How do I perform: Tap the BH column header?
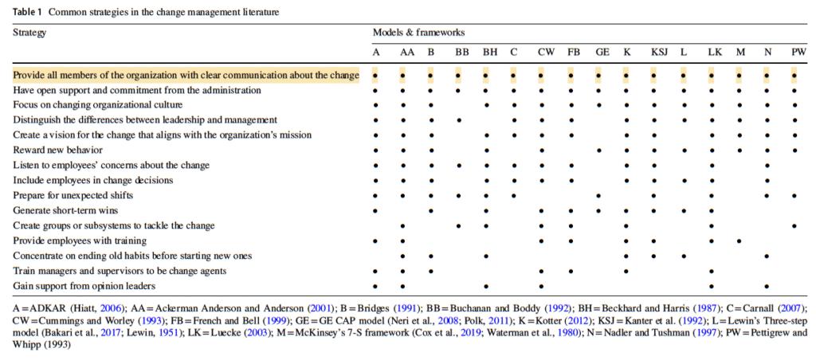point(489,52)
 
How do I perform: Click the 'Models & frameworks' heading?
point(418,32)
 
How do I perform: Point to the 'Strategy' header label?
point(29,33)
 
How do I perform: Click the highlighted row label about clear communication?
point(186,76)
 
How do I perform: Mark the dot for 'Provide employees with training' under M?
point(739,241)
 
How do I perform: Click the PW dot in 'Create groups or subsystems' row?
point(794,226)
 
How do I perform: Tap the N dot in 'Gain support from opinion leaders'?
point(767,287)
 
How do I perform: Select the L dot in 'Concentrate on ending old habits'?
point(683,256)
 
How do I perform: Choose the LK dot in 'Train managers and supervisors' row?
point(712,272)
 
